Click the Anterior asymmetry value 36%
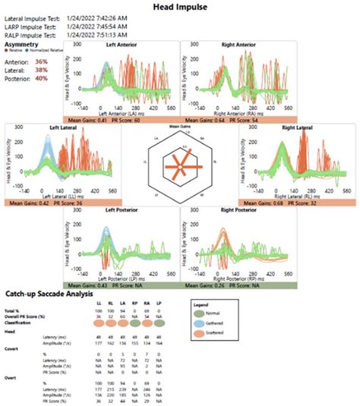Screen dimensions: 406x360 (x=41, y=61)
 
